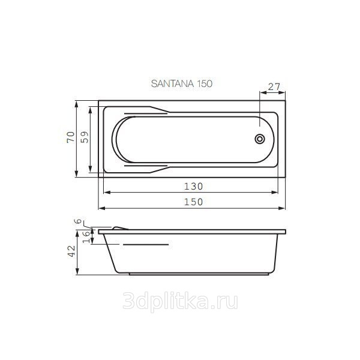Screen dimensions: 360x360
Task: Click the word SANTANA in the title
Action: pyautogui.click(x=173, y=83)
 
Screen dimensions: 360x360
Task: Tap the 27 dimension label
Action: pyautogui.click(x=274, y=87)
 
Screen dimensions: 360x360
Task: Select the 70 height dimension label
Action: pyautogui.click(x=71, y=137)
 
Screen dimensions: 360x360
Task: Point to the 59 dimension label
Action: pyautogui.click(x=85, y=137)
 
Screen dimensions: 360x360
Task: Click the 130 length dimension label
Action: pyautogui.click(x=194, y=186)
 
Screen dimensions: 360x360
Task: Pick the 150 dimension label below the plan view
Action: pyautogui.click(x=194, y=202)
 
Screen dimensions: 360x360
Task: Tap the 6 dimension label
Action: pyautogui.click(x=78, y=221)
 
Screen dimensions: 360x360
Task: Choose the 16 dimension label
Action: pyautogui.click(x=86, y=237)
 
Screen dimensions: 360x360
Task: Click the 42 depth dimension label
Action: pyautogui.click(x=71, y=251)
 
